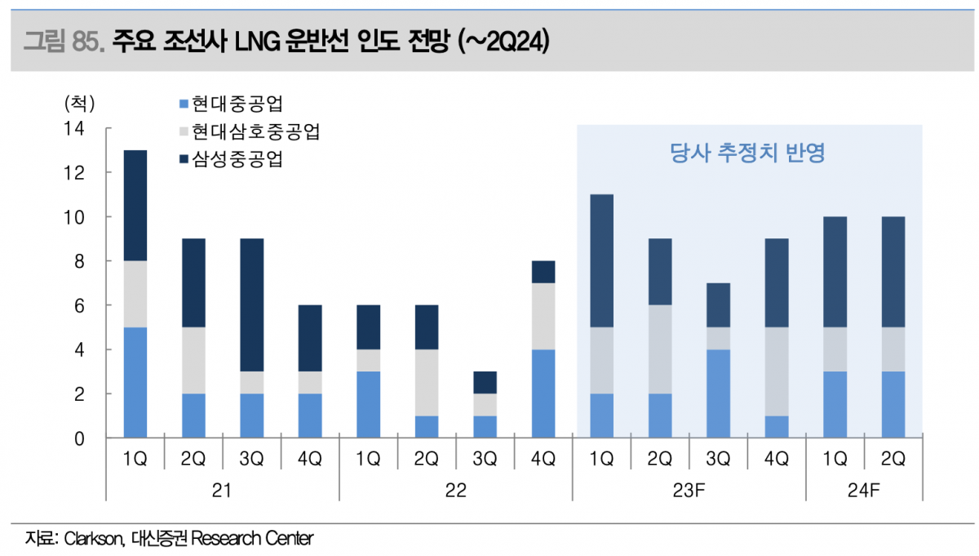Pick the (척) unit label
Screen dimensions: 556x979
pos(79,104)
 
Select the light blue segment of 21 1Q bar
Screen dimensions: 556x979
pos(135,382)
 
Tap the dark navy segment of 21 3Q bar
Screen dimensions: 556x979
pos(252,305)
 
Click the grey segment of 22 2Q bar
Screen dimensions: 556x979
pos(427,383)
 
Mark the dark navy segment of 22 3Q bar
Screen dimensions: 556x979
pos(485,382)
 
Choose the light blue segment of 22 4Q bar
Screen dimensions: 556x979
pos(543,394)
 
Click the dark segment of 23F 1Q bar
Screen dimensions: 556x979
pos(601,261)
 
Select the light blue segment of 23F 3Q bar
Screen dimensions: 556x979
pos(718,394)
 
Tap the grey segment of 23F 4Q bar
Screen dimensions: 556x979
pos(776,371)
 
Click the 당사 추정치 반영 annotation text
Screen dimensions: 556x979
pos(747,153)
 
